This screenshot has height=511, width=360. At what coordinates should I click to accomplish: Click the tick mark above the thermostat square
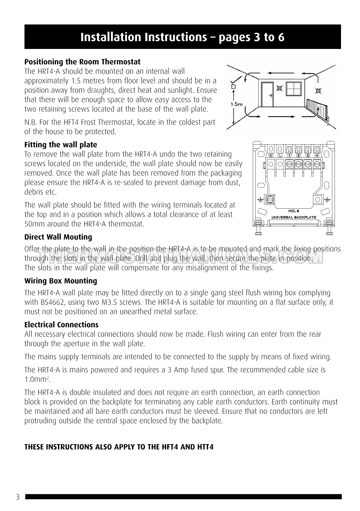[237, 79]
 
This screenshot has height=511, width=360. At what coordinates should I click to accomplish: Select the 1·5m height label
[237, 104]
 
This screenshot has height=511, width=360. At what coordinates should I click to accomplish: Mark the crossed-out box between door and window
[279, 87]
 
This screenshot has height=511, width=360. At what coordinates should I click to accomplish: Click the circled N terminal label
[271, 155]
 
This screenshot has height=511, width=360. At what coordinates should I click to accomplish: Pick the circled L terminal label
[280, 155]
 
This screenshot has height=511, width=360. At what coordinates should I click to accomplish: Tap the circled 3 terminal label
[308, 155]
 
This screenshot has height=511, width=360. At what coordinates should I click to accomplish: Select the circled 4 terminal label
[317, 155]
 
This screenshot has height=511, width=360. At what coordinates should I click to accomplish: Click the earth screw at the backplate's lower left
[269, 199]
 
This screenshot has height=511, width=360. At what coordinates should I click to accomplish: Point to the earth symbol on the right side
[327, 199]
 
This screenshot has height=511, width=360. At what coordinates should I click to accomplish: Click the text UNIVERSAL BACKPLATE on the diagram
[294, 217]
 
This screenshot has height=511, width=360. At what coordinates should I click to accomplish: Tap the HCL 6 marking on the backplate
[294, 211]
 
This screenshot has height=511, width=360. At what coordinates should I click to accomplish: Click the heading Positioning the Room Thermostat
[82, 62]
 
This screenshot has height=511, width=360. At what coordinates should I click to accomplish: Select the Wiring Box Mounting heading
[61, 281]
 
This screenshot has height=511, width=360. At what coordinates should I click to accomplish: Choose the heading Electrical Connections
[62, 325]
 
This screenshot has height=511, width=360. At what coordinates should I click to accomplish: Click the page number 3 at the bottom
[18, 497]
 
